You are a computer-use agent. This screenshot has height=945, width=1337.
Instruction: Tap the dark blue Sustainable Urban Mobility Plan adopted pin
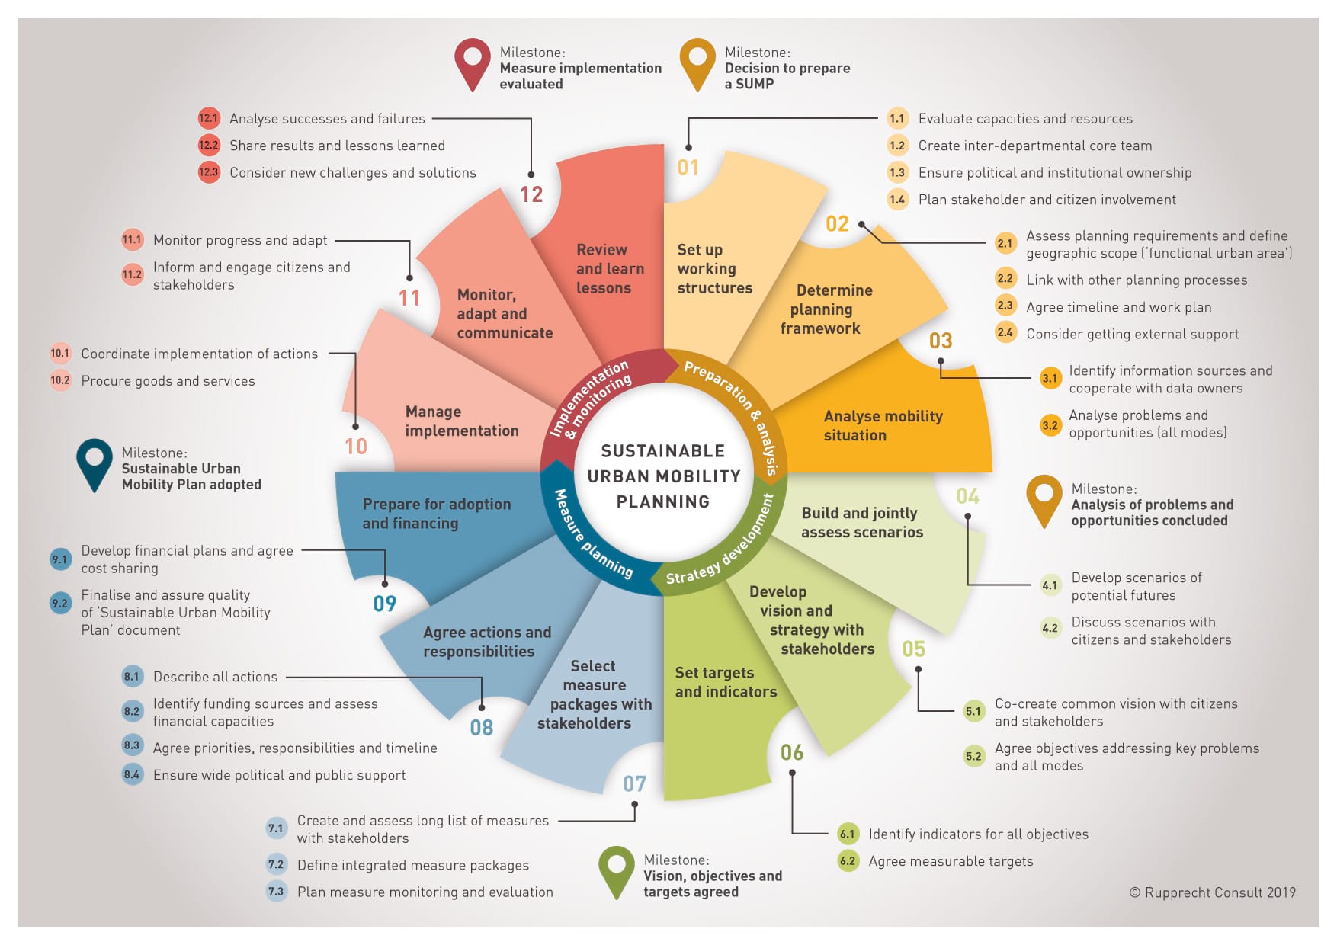(x=94, y=461)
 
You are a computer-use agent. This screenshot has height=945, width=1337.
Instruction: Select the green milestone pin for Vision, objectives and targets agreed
(x=617, y=868)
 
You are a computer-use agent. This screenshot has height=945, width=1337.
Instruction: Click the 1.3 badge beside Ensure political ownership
(x=897, y=173)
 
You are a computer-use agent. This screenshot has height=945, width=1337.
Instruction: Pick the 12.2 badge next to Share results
(x=209, y=146)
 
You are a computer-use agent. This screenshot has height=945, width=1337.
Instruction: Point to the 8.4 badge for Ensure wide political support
(x=132, y=775)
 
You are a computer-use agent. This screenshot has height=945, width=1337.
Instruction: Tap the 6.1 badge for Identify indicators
(x=847, y=834)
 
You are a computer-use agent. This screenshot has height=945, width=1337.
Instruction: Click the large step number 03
(x=941, y=341)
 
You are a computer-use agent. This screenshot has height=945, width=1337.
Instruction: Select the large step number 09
(x=385, y=604)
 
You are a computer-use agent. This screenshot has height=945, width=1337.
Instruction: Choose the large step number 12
(x=531, y=195)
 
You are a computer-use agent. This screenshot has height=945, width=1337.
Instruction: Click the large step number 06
(x=792, y=753)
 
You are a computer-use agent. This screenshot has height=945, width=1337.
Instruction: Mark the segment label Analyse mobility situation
(x=883, y=426)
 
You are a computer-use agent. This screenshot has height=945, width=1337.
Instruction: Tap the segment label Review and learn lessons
(x=610, y=269)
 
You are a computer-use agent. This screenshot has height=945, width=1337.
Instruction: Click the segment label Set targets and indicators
(x=725, y=682)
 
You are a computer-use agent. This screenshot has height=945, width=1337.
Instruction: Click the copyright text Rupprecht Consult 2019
(x=1212, y=892)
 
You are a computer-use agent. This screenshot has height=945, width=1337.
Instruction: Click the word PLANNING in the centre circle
(x=662, y=502)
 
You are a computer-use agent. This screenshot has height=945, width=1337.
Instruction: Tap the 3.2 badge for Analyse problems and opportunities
(x=1050, y=425)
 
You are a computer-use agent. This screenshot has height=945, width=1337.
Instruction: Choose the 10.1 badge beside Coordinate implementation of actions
(x=60, y=354)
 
